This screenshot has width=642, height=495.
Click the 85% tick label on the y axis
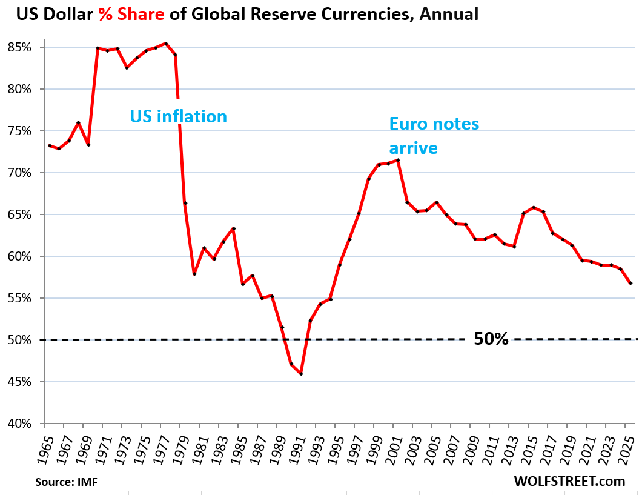tap(27, 47)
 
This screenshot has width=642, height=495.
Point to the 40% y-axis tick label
tap(27, 424)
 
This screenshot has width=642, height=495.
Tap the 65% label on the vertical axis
tap(27, 214)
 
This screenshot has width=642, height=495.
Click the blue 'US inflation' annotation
tap(178, 116)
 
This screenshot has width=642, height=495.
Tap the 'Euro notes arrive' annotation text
tap(434, 136)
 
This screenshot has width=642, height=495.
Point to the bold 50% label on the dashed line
tap(491, 339)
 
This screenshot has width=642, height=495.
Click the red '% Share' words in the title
tap(130, 14)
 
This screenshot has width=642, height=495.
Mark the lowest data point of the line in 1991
tap(301, 374)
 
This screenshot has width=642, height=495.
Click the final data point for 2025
tap(630, 283)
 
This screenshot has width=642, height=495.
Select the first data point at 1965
tap(49, 145)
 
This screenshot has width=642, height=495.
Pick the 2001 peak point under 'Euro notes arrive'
tap(398, 160)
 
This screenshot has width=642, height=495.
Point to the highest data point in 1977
tap(166, 44)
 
